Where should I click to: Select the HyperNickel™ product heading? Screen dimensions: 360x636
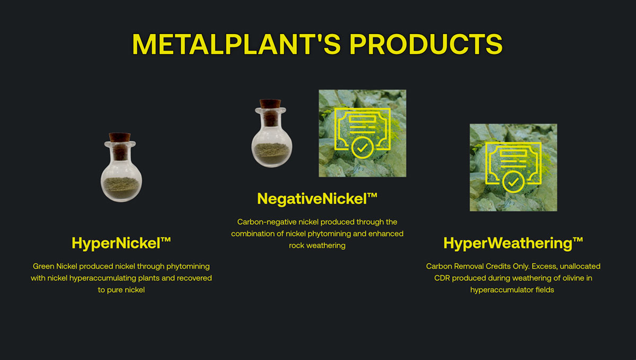(x=121, y=243)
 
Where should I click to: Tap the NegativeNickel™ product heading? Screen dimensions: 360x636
(x=317, y=199)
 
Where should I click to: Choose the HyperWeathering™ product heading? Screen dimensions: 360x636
(x=513, y=243)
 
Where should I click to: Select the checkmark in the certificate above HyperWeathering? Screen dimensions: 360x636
(x=513, y=182)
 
